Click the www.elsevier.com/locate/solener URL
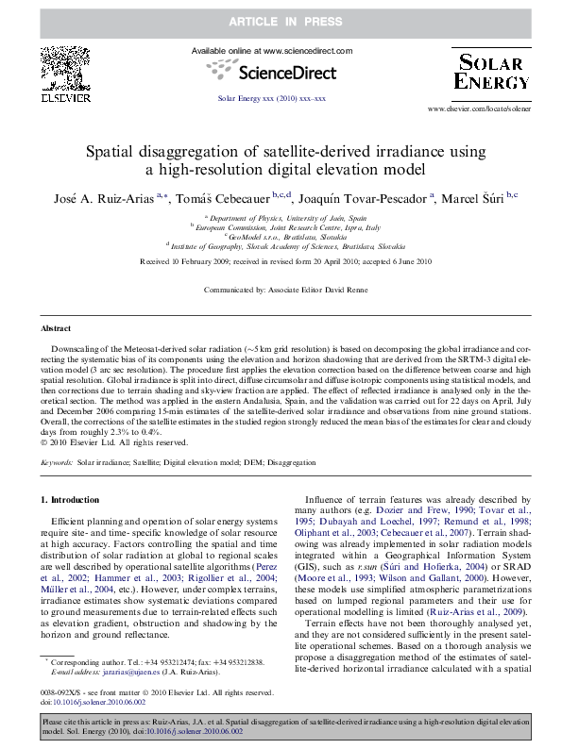click(477, 109)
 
